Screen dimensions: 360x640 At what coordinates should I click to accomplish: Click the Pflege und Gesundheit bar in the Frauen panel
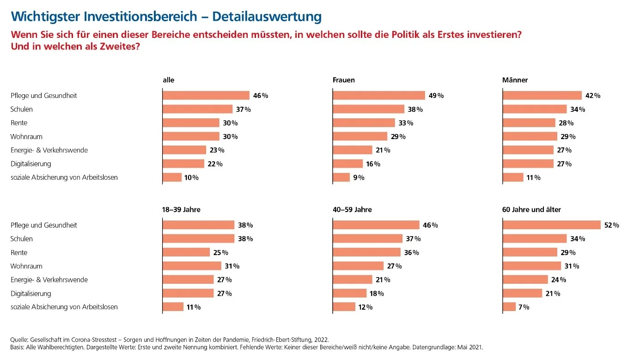coord(379,96)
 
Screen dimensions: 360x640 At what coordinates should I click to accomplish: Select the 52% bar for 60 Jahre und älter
coord(551,225)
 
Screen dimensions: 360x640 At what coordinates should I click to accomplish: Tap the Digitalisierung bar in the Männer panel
coord(528,164)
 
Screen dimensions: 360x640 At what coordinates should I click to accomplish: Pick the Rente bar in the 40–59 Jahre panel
coord(366,252)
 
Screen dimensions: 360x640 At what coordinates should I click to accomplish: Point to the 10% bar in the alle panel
coord(172,177)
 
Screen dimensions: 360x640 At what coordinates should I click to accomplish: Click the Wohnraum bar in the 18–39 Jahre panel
coord(192,266)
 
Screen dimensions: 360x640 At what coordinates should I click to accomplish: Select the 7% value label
coord(524,307)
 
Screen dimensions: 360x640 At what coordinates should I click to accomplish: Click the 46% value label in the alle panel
coord(260,96)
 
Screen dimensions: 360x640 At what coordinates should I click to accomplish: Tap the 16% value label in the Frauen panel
coord(373,164)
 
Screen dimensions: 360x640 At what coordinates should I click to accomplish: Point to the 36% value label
coord(411,252)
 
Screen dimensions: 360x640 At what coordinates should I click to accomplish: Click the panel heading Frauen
coord(344,80)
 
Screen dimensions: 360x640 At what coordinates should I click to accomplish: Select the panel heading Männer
coord(515,80)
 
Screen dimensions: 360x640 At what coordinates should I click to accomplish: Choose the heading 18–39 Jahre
coord(182,209)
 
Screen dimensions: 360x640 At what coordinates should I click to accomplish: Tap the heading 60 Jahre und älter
coord(531,209)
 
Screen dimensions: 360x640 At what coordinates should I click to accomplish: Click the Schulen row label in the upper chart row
coord(22,109)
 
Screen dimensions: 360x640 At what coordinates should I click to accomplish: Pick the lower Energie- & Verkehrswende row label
coord(49,280)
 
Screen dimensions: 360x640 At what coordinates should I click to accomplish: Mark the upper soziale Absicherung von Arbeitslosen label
coord(64,177)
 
